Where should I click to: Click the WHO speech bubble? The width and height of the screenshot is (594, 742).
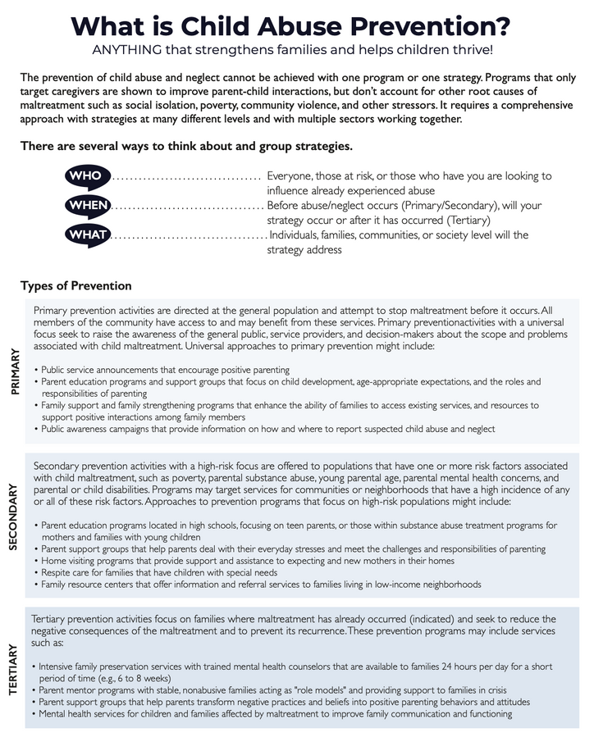(86, 177)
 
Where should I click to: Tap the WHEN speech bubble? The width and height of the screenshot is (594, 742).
(86, 206)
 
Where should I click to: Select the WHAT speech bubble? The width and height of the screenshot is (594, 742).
(86, 235)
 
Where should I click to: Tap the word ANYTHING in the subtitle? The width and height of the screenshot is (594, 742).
(133, 51)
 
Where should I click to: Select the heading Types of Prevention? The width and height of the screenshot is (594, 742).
(75, 286)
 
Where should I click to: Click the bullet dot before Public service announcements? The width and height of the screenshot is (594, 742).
(36, 371)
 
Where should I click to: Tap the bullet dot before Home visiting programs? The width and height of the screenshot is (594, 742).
(36, 560)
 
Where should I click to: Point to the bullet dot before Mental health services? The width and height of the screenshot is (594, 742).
(34, 714)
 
